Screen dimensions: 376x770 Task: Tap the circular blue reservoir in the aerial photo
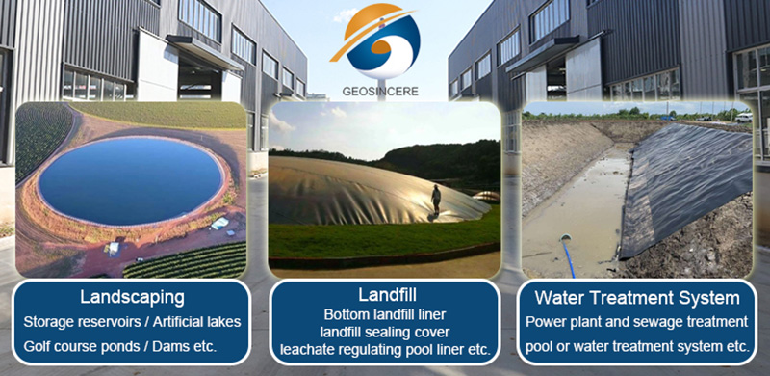coord(131,178)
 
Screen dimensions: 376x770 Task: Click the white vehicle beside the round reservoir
coord(219,224)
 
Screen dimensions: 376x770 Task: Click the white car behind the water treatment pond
coord(742,117)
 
